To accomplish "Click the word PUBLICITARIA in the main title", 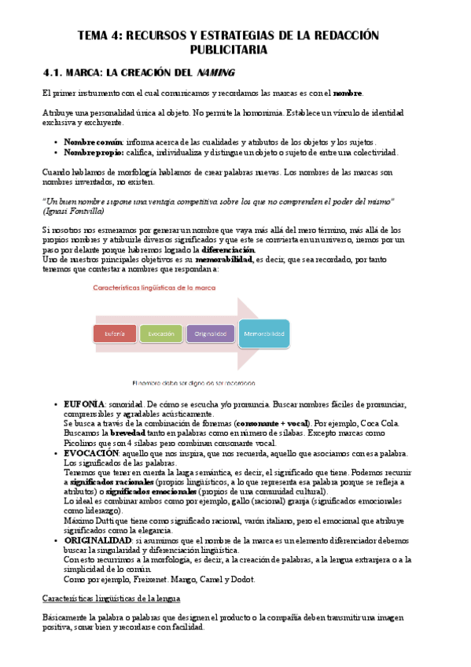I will pos(235,50).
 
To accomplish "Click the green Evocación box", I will pos(161,334).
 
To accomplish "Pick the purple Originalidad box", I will pos(210,334).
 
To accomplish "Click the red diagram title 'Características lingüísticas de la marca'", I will pos(153,288).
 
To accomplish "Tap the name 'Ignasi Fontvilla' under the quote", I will pos(72,211).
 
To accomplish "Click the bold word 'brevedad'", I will pos(127,433).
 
